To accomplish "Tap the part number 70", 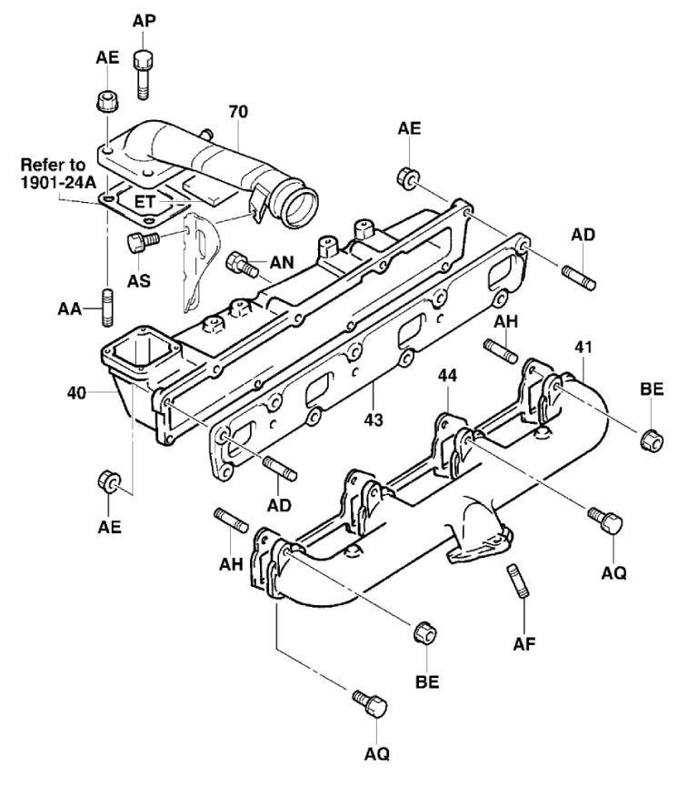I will pyautogui.click(x=239, y=113).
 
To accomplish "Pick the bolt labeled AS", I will pyautogui.click(x=140, y=242).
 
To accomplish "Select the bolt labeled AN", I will pyautogui.click(x=241, y=264).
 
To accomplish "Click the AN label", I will pyautogui.click(x=282, y=263).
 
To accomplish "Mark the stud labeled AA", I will pyautogui.click(x=106, y=306).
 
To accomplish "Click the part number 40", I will pyautogui.click(x=79, y=393).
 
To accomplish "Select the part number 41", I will pyautogui.click(x=583, y=347).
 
